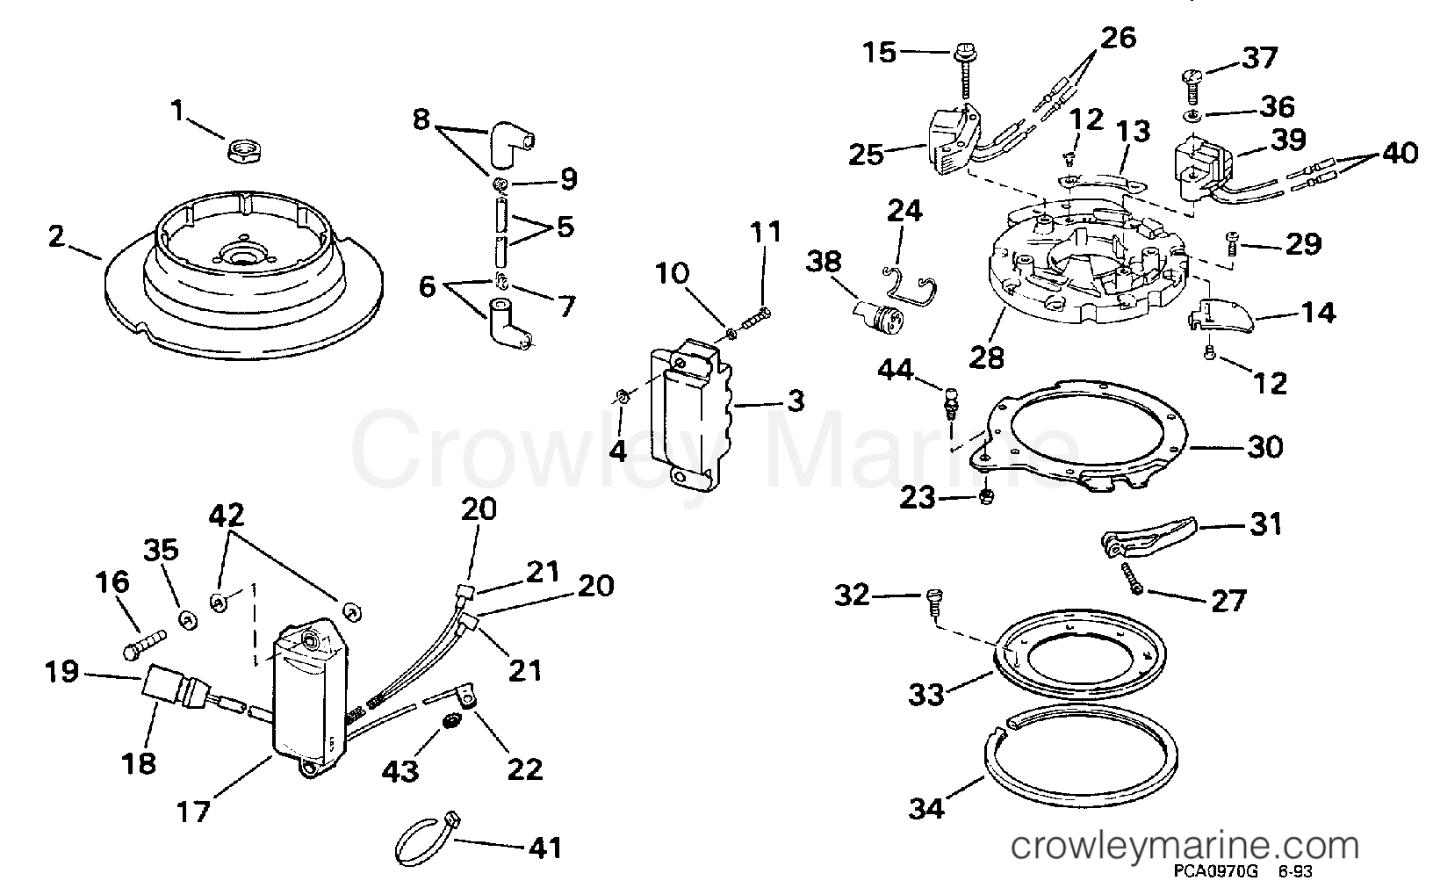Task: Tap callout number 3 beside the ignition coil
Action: [x=796, y=401]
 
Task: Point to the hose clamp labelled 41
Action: [x=426, y=842]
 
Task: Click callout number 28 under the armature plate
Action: [x=986, y=357]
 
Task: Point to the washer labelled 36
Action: [x=1192, y=117]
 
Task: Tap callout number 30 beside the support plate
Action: [x=1264, y=448]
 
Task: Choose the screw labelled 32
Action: [x=934, y=603]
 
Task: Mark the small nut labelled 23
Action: [x=987, y=496]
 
